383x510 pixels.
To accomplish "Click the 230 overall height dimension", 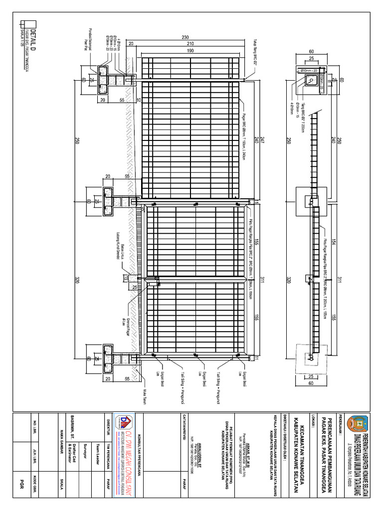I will click(x=185, y=37).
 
